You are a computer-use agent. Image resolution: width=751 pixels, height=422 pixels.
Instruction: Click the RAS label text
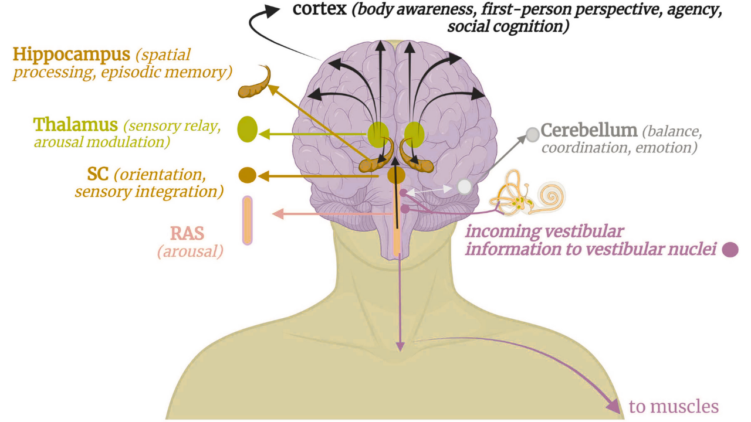point(187,234)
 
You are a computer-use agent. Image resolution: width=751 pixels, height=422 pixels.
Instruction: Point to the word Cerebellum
point(588,130)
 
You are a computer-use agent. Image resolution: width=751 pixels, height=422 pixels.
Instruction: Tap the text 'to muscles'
point(674,406)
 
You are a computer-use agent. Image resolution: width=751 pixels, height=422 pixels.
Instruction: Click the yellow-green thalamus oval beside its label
point(248,130)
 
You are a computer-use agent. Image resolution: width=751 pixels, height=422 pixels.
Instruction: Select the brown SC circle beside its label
point(248,175)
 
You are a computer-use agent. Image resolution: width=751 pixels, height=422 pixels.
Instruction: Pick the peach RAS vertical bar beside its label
point(248,220)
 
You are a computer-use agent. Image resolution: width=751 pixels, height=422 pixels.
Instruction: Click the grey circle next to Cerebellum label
point(532,135)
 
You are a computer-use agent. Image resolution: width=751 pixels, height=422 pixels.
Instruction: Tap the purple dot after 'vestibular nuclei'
point(730,250)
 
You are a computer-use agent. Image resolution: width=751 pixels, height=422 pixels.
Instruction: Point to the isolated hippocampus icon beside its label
point(256,86)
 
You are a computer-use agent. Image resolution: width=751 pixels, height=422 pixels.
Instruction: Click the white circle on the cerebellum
point(464,187)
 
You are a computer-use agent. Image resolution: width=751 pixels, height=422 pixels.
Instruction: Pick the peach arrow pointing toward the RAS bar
point(282,215)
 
